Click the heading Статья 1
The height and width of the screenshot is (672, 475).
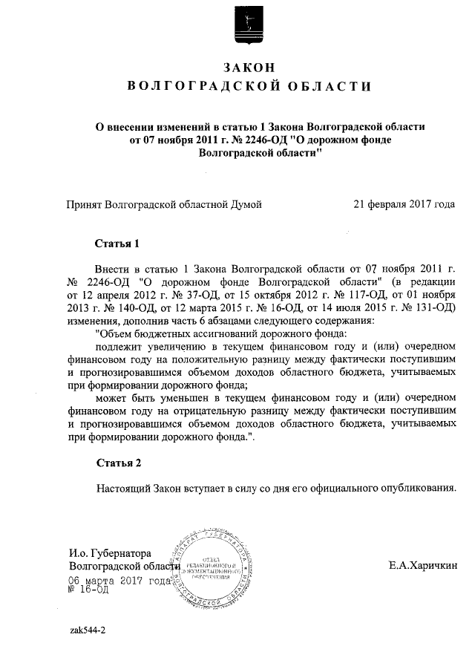coord(117,244)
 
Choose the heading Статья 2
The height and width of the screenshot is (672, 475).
coord(117,463)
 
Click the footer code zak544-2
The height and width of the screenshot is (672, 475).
coord(88,630)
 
